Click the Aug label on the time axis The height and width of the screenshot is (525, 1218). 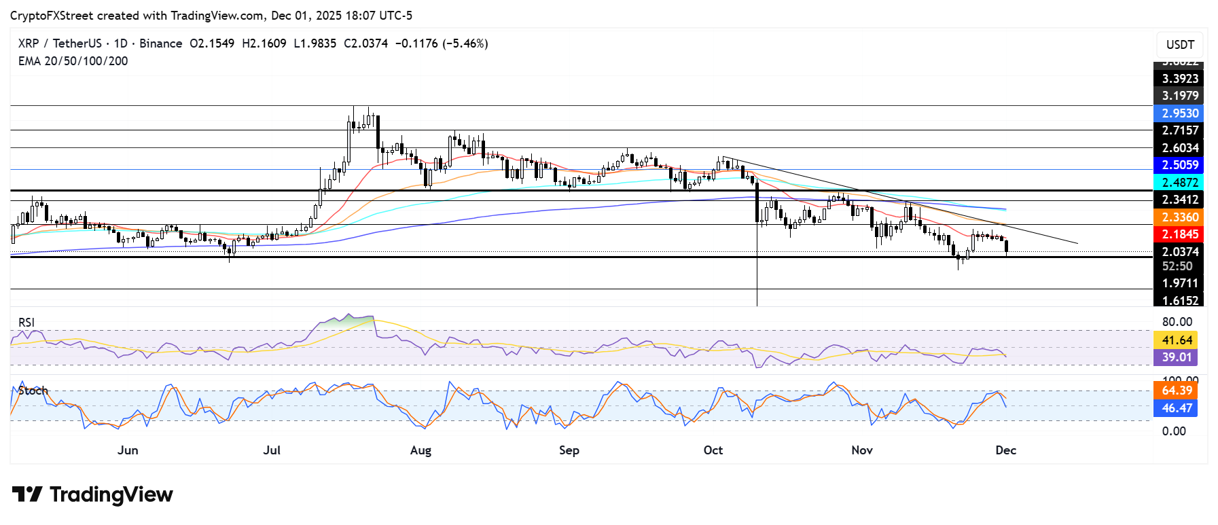point(420,450)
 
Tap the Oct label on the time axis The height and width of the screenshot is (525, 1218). point(713,450)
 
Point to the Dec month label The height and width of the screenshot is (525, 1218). point(1005,450)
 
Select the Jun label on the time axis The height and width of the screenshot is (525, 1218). point(128,450)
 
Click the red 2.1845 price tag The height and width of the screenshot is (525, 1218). point(1180,234)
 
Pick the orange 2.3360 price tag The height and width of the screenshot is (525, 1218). point(1180,217)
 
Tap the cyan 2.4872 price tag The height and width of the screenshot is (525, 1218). point(1180,183)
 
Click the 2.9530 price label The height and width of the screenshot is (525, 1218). point(1180,113)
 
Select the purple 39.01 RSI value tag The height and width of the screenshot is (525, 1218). point(1177,357)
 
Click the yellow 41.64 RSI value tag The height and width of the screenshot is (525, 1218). point(1177,340)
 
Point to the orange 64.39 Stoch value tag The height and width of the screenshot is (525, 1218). point(1177,391)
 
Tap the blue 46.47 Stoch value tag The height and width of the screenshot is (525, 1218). point(1177,408)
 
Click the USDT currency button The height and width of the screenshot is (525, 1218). point(1180,45)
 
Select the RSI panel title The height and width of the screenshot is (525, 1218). point(26,323)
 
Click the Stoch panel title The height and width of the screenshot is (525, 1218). point(33,391)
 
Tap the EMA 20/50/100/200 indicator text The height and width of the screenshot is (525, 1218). point(73,61)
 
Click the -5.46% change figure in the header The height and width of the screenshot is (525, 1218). point(465,43)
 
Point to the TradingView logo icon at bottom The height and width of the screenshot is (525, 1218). point(27,494)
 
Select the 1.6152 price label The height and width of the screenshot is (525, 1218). point(1180,300)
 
